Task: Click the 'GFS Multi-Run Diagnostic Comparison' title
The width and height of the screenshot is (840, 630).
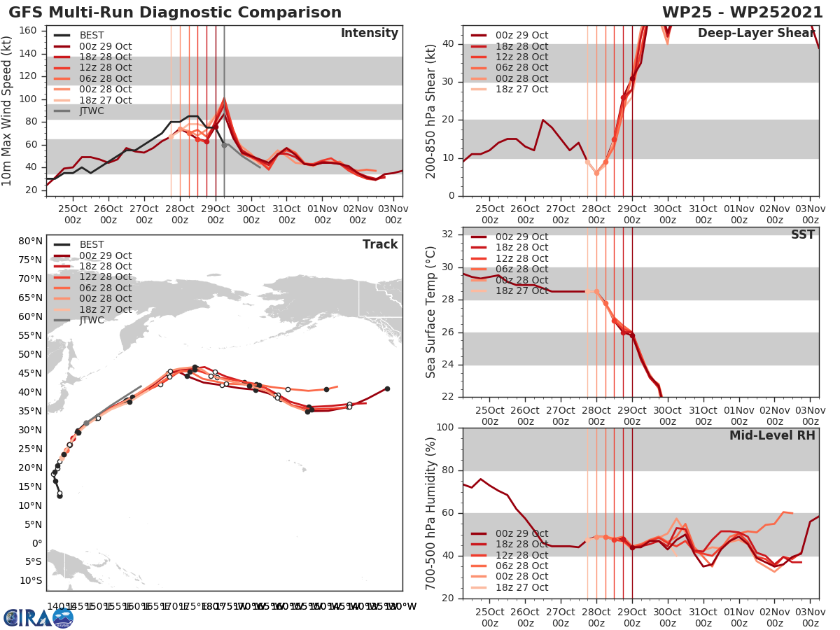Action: click(x=175, y=13)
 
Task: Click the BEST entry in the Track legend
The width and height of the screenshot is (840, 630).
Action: click(x=92, y=245)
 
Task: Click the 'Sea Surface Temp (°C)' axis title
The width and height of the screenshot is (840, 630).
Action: click(x=431, y=312)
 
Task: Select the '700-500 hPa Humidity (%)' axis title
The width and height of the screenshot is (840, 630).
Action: click(x=431, y=513)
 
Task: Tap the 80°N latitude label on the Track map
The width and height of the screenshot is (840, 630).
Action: click(x=29, y=241)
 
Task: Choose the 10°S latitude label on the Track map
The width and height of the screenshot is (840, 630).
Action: click(x=29, y=581)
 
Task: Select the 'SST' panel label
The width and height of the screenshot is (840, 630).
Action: click(x=802, y=234)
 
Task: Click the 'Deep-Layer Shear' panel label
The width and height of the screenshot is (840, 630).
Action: click(x=756, y=34)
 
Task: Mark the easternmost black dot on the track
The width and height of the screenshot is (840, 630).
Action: click(x=387, y=388)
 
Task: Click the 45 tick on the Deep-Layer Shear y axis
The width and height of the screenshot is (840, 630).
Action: click(x=449, y=26)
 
